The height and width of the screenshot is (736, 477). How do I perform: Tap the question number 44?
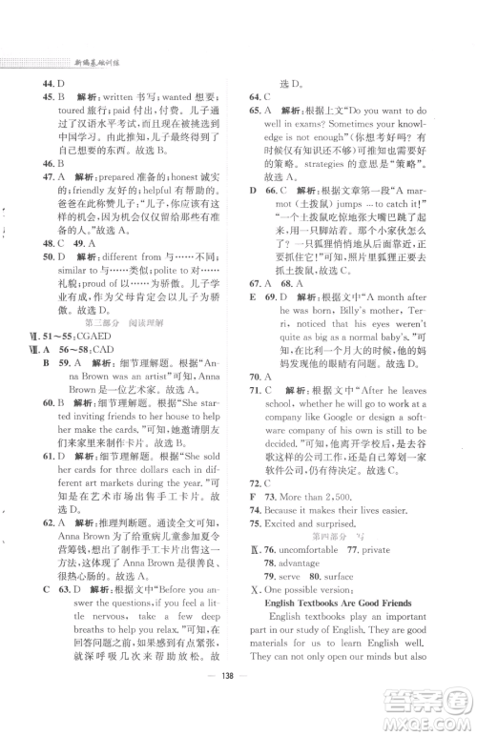(x=48, y=83)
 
